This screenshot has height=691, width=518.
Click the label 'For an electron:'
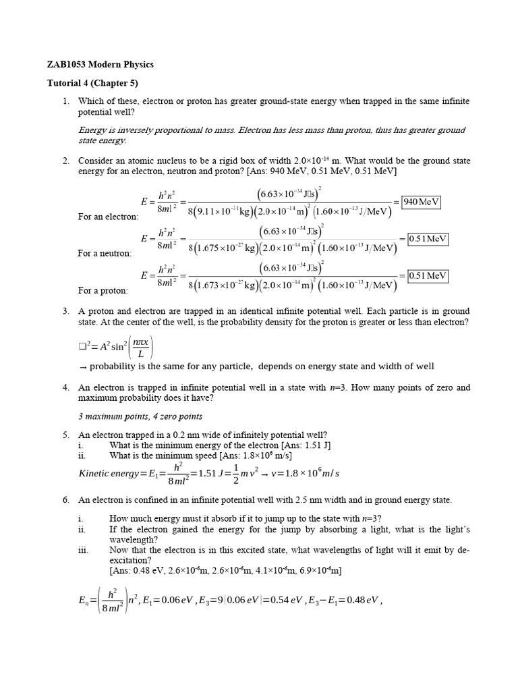[x=109, y=217]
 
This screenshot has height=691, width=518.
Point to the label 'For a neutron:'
[x=105, y=253]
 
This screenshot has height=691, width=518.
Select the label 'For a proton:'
[x=103, y=290]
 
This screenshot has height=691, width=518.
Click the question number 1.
[x=66, y=101]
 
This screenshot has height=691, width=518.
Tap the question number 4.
[x=66, y=388]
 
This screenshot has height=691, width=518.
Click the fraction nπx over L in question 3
[x=140, y=348]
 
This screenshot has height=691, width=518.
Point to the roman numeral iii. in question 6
[x=84, y=550]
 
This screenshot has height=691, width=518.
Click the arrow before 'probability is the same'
[x=82, y=366]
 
